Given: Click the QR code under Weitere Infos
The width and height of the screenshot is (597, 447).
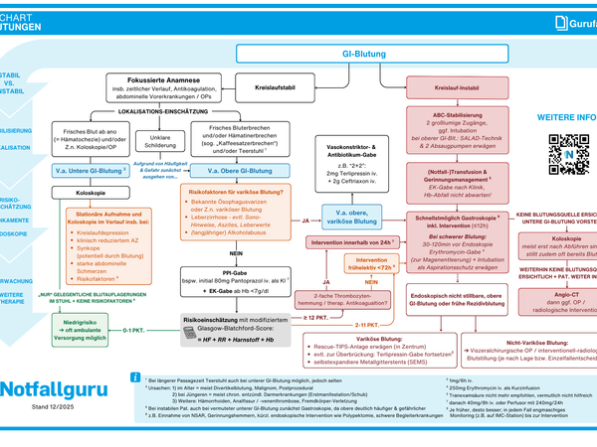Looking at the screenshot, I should pos(569,154).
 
